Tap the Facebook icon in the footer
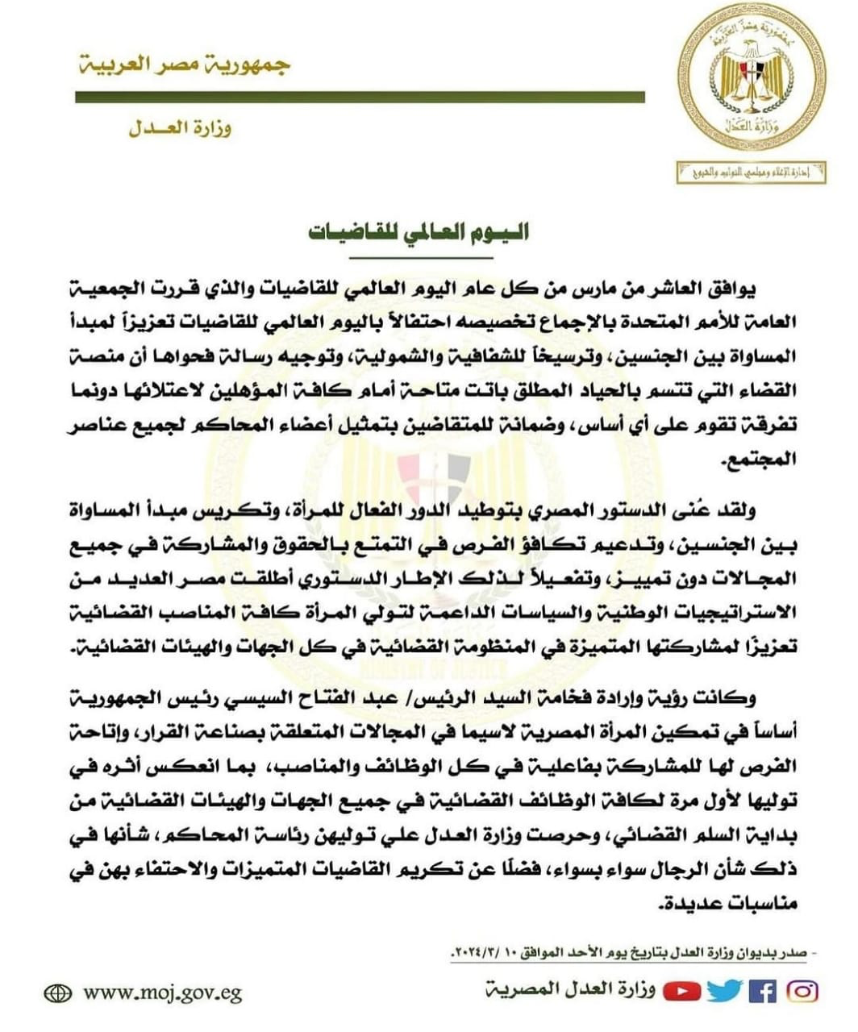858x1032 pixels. click(x=762, y=991)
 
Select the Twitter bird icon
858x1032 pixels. click(x=724, y=991)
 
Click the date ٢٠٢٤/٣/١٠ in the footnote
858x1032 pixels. click(x=477, y=955)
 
